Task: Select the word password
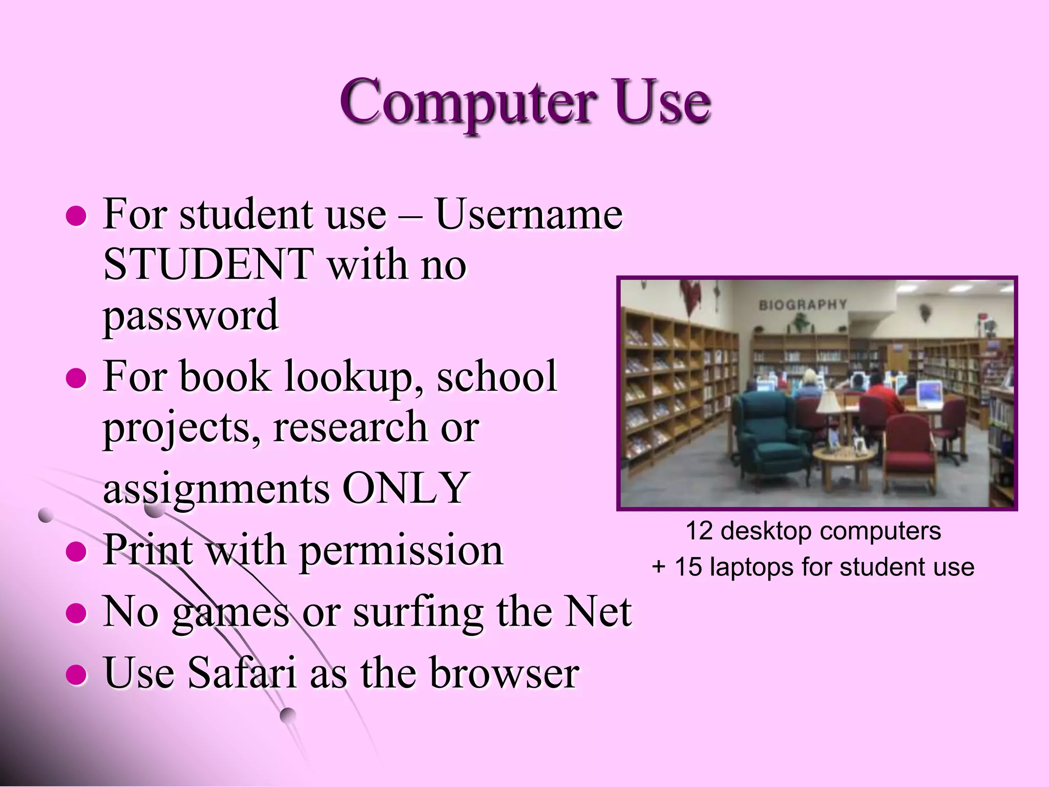pyautogui.click(x=191, y=316)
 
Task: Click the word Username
pyautogui.click(x=529, y=214)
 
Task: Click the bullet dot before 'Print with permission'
pyautogui.click(x=77, y=551)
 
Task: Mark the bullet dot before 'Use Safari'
pyautogui.click(x=77, y=674)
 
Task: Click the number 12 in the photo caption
pyautogui.click(x=699, y=531)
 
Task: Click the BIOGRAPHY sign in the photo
pyautogui.click(x=803, y=305)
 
